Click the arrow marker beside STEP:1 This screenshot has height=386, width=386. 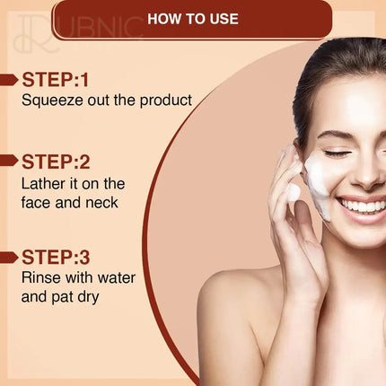9,79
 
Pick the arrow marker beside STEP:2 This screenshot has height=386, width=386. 9,162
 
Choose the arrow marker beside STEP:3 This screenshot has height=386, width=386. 9,257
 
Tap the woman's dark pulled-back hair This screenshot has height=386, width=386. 332,63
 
